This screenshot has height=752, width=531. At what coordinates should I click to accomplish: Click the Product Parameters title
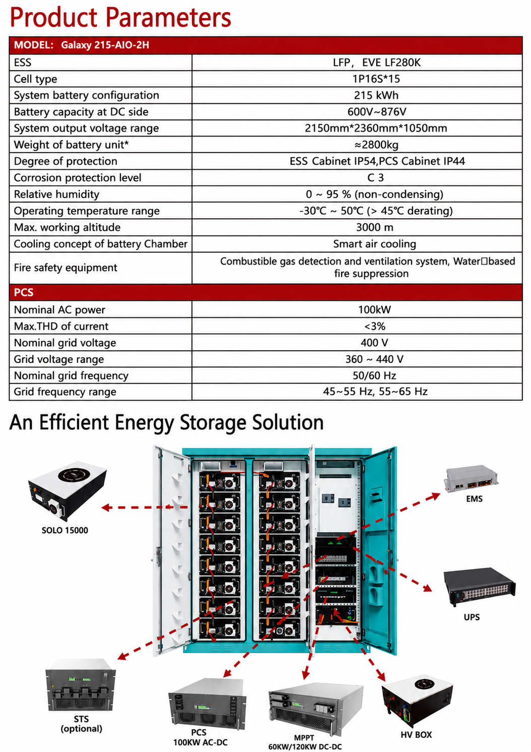120,17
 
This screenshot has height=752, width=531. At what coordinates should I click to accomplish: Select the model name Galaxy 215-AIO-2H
105,45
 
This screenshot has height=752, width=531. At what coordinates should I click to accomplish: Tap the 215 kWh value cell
376,95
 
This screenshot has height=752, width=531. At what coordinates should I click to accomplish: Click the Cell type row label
36,79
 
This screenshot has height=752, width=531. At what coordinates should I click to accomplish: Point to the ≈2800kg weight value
376,145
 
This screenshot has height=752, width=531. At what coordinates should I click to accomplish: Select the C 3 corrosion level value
376,177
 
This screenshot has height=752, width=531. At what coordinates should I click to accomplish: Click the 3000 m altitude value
375,227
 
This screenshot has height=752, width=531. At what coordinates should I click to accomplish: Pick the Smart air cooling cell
375,244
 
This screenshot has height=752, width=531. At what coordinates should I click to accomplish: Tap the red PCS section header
265,292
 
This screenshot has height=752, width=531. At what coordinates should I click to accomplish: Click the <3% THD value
375,326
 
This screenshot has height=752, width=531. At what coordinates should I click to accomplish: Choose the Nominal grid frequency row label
71,375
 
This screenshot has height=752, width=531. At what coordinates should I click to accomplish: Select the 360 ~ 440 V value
375,359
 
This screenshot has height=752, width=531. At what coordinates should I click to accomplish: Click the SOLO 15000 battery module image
67,490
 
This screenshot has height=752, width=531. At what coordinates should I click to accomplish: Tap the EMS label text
474,499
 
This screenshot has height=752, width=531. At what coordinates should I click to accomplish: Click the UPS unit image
480,587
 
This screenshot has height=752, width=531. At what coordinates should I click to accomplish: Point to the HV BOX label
416,735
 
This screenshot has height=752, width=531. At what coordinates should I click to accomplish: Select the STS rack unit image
81,685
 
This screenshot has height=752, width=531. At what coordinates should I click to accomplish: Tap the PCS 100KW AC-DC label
200,737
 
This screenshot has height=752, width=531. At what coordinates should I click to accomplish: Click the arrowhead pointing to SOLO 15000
106,507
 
